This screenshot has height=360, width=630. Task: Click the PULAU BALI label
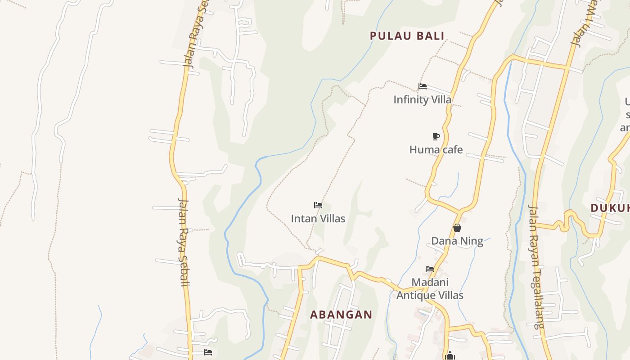(407, 36)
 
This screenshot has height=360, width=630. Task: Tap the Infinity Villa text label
(422, 99)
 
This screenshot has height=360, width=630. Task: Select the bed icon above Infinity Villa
(422, 86)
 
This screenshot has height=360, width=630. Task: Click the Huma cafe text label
(436, 149)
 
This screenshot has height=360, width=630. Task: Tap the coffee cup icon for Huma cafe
(436, 136)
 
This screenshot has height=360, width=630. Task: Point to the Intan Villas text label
(318, 219)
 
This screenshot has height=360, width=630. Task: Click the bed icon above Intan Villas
(318, 205)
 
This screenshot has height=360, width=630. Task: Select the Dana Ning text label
(457, 241)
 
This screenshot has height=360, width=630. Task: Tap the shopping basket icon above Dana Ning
(457, 228)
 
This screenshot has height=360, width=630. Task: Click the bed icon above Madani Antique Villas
(430, 269)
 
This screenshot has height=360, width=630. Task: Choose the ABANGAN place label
(341, 315)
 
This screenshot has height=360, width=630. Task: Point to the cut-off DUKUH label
(610, 208)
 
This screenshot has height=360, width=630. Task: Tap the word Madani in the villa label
(430, 282)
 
